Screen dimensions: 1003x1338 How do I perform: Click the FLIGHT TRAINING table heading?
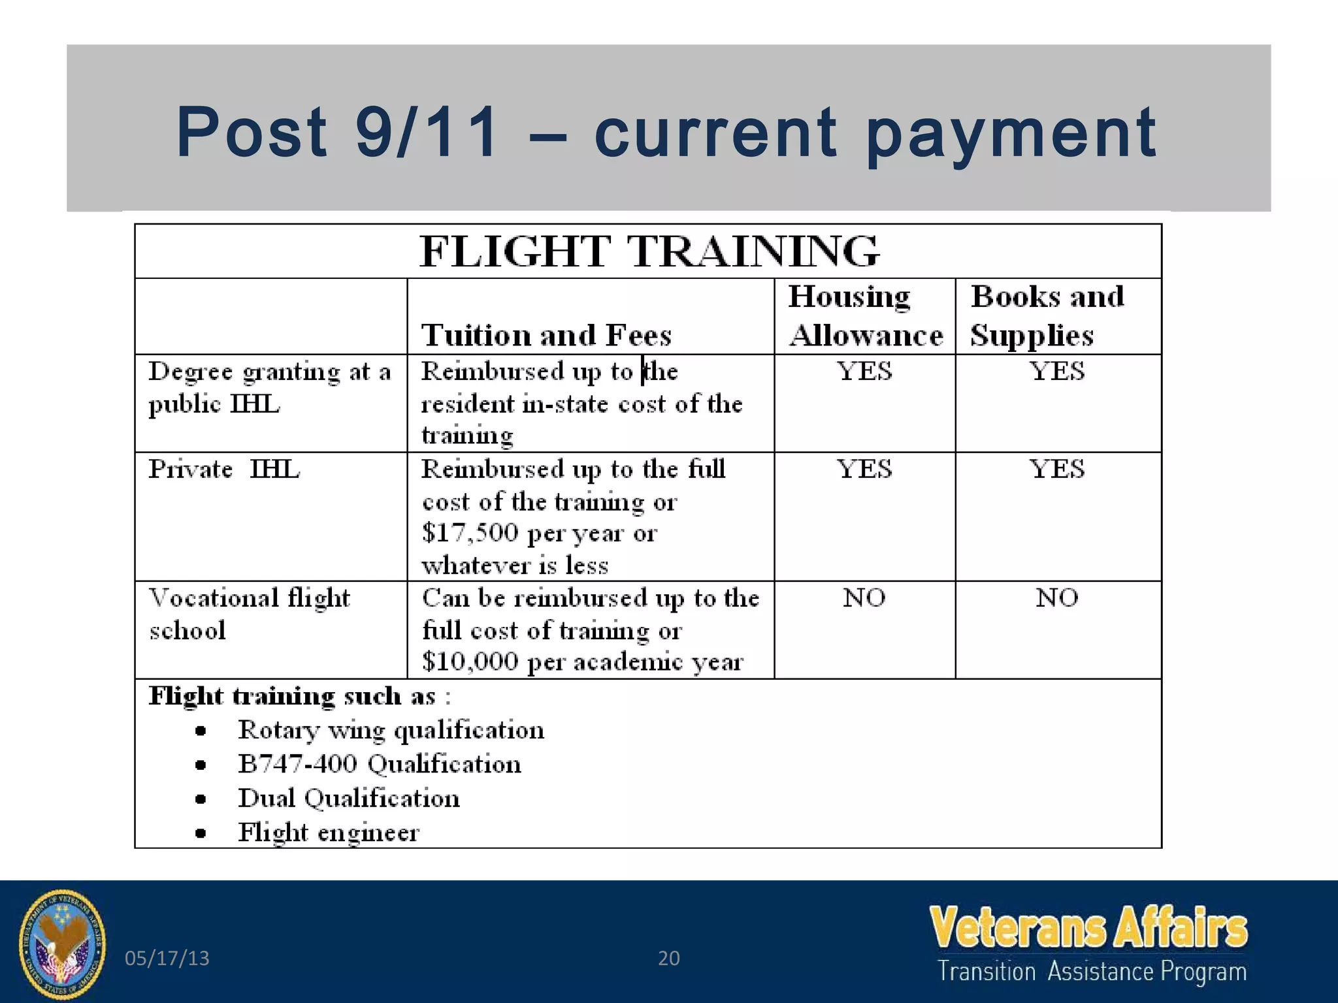[x=649, y=251]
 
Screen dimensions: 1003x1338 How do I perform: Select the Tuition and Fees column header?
[x=546, y=335]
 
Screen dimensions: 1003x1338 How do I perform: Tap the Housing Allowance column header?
[x=865, y=316]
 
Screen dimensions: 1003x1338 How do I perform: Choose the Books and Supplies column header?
[x=1047, y=316]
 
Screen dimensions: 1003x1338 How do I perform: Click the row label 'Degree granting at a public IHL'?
[x=269, y=387]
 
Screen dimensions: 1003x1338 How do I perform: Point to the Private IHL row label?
[x=223, y=470]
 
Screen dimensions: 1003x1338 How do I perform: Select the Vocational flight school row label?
[x=249, y=614]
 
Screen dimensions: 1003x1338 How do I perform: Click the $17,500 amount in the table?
[x=470, y=533]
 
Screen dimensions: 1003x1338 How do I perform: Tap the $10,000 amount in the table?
[x=470, y=661]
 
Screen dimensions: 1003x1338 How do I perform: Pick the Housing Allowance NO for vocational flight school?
[x=864, y=597]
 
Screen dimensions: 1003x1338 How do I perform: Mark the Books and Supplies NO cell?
[x=1056, y=597]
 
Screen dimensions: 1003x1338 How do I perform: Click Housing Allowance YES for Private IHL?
[x=864, y=470]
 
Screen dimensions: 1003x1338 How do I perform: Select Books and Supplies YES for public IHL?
[x=1056, y=372]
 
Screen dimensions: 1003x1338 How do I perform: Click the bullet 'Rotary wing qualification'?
[x=391, y=730]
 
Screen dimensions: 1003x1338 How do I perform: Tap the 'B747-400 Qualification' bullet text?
[x=379, y=764]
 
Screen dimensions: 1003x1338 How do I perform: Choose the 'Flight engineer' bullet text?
[x=328, y=833]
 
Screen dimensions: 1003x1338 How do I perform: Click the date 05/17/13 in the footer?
[x=167, y=958]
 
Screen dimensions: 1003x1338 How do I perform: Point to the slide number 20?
[x=668, y=958]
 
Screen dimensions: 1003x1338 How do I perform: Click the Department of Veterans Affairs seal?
[x=63, y=944]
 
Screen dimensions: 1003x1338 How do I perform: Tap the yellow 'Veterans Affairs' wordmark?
[x=1088, y=927]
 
